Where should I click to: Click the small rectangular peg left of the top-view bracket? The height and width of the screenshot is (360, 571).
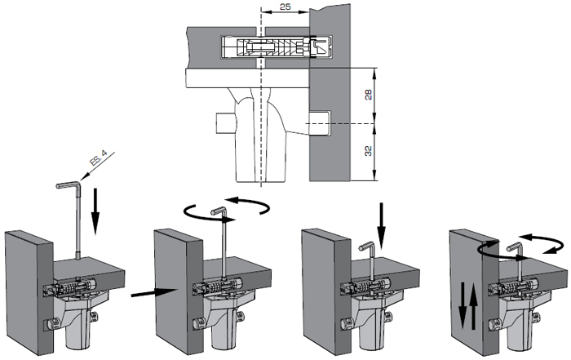tap(223, 124)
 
